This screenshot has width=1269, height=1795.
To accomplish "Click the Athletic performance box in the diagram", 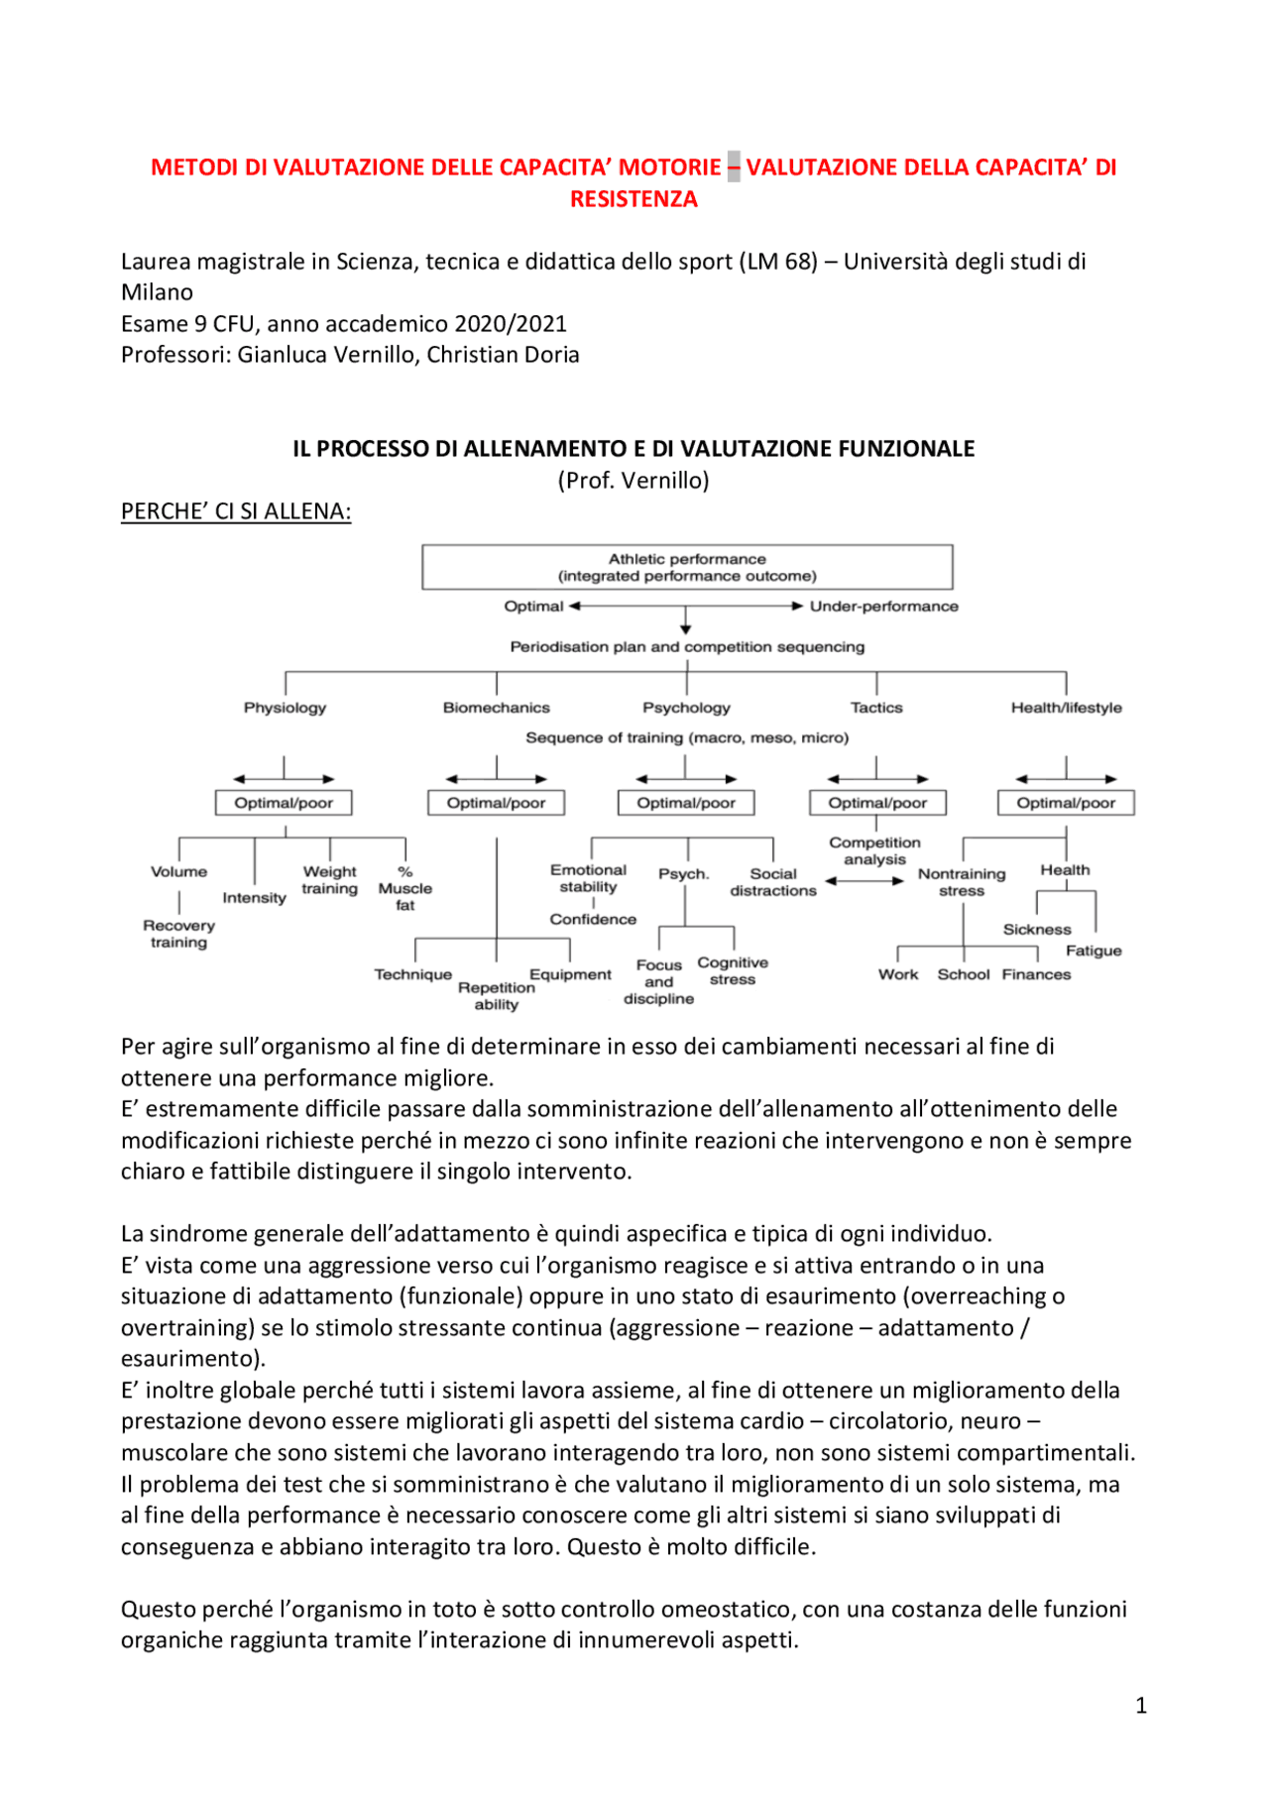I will tap(687, 567).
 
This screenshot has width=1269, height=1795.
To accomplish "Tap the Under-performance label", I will tap(883, 606).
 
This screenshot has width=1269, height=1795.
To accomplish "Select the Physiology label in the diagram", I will tap(285, 708).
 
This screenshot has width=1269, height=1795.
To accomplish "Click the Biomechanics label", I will tap(496, 708).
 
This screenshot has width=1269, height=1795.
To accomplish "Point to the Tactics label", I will tap(876, 708).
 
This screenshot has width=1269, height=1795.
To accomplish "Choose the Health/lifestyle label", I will tap(1066, 708).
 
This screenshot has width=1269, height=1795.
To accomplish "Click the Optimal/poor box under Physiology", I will tap(284, 803).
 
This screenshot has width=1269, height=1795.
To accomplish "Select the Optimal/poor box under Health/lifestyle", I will tap(1066, 803).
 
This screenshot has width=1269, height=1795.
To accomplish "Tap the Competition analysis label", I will tap(874, 850).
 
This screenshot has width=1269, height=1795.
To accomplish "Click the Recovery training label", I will tap(178, 934).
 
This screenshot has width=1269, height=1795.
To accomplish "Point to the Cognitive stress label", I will tap(733, 971).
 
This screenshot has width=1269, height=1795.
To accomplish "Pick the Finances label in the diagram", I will tap(1036, 974).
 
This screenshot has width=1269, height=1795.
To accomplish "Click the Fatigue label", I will tap(1094, 951).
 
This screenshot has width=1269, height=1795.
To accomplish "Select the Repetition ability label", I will tap(496, 995).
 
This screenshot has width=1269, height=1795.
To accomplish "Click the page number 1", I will tap(1141, 1705).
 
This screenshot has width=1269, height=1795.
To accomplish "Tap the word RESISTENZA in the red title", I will tap(634, 199).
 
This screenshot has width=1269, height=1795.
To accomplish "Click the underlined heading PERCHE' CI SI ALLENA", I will tap(236, 511).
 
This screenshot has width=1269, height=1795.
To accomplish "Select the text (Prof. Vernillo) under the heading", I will tap(634, 481).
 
